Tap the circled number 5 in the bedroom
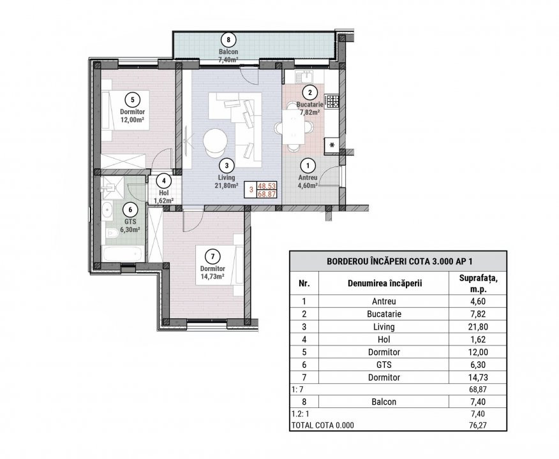click(x=131, y=99)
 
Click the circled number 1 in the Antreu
click(x=308, y=164)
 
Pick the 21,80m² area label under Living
click(x=227, y=186)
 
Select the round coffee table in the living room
click(x=214, y=141)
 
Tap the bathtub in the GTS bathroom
click(x=120, y=254)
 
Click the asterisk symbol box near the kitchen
click(x=332, y=145)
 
